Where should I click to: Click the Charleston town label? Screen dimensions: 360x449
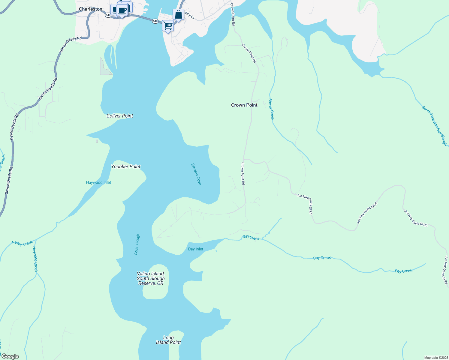(x=90, y=9)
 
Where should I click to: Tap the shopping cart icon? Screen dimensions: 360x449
(x=168, y=26)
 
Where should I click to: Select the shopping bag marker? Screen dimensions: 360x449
(x=178, y=14)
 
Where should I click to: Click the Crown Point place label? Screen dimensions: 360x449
(x=244, y=105)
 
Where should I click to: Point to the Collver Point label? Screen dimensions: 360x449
(x=120, y=116)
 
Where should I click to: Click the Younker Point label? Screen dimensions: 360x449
(x=126, y=166)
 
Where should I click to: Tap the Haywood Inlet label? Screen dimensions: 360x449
(x=98, y=182)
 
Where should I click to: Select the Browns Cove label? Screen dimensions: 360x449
(x=196, y=174)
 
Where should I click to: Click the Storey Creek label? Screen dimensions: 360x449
(x=271, y=109)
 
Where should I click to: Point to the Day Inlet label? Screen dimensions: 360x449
(x=195, y=249)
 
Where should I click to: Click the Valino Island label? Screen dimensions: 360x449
(x=151, y=278)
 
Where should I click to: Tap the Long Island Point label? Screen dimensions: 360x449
(x=168, y=340)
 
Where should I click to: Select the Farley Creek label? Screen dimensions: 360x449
(x=22, y=243)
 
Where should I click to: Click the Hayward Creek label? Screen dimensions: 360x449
(x=35, y=259)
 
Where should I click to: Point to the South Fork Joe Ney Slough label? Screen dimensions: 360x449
(x=434, y=126)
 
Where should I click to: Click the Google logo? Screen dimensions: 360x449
(x=10, y=356)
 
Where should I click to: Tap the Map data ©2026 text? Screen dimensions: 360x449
(x=436, y=358)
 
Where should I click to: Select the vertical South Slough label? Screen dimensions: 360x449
(x=137, y=244)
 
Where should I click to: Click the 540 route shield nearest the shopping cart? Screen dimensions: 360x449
(x=155, y=21)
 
